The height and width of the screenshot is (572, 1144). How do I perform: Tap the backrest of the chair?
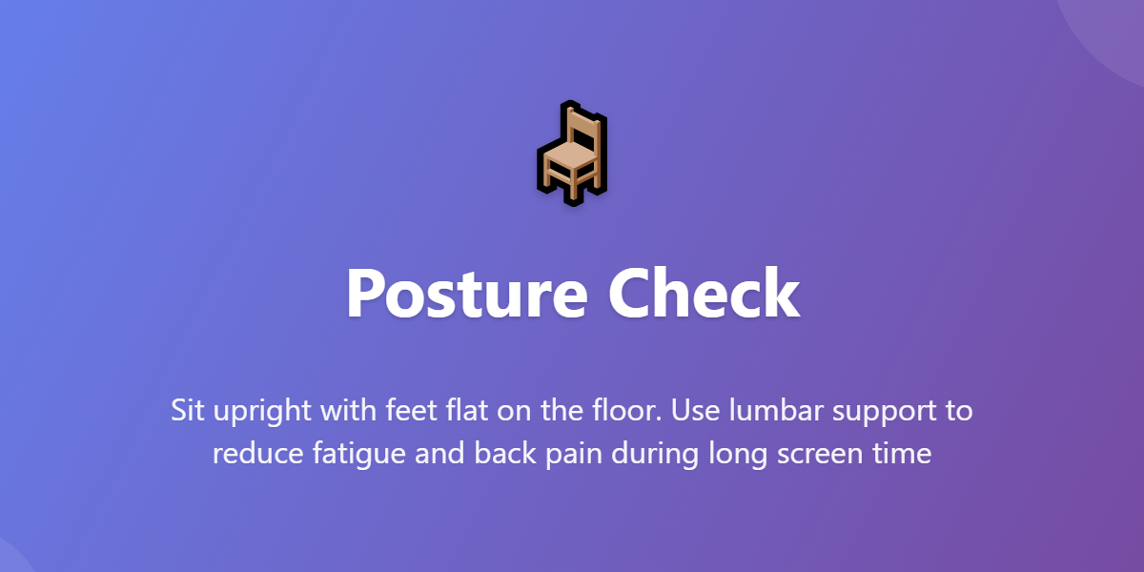[x=582, y=129]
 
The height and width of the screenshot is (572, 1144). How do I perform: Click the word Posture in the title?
[x=466, y=293]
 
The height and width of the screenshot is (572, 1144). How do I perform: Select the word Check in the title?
[x=705, y=293]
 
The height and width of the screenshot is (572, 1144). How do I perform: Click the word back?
[x=500, y=454]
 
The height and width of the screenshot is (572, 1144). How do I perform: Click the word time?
[x=903, y=454]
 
